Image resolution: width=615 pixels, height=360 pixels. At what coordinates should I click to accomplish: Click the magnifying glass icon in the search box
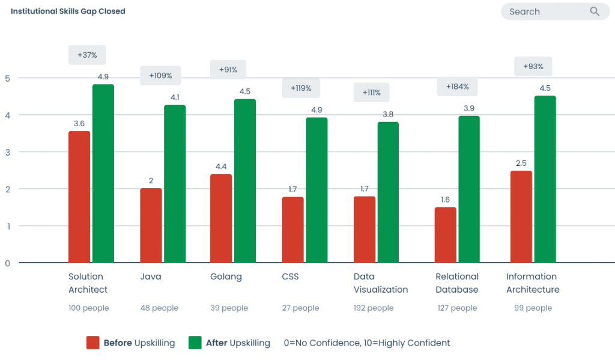(595, 11)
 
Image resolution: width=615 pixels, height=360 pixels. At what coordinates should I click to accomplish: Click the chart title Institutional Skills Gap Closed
(68, 11)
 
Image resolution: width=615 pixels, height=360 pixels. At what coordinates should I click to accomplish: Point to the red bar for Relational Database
(446, 235)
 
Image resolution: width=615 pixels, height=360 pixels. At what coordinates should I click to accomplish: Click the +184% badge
(457, 87)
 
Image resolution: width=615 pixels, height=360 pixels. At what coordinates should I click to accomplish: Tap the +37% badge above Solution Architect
(87, 55)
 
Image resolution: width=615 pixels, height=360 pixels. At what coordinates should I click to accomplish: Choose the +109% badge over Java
(160, 76)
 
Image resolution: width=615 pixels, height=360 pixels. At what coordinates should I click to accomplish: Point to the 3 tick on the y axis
(8, 152)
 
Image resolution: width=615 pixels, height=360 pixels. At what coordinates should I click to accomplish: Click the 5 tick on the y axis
(8, 78)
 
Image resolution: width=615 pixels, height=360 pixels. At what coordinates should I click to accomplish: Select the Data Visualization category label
(380, 283)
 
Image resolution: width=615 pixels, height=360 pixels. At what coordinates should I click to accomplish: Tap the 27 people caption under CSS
(300, 308)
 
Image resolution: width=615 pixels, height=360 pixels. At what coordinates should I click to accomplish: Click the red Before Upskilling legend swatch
(92, 343)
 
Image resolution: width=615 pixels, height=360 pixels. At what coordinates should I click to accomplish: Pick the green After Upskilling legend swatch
(195, 343)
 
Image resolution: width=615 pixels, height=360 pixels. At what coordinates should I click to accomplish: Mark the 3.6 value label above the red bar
(79, 123)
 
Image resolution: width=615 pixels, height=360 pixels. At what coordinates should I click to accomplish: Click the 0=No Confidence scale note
(366, 343)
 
